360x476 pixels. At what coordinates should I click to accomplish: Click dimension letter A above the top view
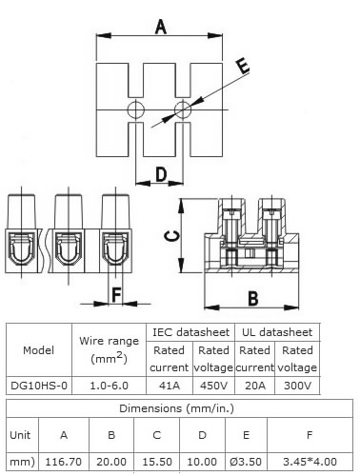click(161, 27)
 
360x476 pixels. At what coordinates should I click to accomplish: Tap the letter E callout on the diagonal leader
click(244, 67)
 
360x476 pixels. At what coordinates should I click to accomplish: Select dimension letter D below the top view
click(161, 174)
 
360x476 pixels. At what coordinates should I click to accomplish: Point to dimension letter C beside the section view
click(172, 236)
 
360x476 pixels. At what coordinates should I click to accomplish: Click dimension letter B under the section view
click(252, 299)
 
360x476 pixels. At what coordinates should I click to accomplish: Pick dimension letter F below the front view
click(116, 294)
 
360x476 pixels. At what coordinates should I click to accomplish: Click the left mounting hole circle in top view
click(136, 110)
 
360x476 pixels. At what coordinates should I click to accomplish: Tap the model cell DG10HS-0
click(39, 386)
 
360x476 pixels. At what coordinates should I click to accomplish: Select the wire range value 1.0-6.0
click(110, 386)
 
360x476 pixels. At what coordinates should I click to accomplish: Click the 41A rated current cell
click(170, 386)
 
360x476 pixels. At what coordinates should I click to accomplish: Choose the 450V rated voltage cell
click(213, 386)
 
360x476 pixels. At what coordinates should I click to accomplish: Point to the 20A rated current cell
click(255, 386)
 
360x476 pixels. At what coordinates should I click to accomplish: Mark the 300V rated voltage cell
click(297, 386)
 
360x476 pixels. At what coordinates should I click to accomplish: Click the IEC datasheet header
click(190, 332)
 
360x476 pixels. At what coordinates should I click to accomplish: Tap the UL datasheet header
click(277, 332)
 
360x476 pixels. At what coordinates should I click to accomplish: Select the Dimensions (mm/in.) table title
click(176, 408)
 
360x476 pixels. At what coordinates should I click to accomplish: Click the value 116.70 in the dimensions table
click(64, 462)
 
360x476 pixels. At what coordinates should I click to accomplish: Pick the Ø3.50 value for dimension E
click(246, 462)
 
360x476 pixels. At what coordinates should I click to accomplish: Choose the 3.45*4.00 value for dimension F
click(310, 462)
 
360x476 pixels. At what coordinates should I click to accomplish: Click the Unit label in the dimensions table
click(20, 435)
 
